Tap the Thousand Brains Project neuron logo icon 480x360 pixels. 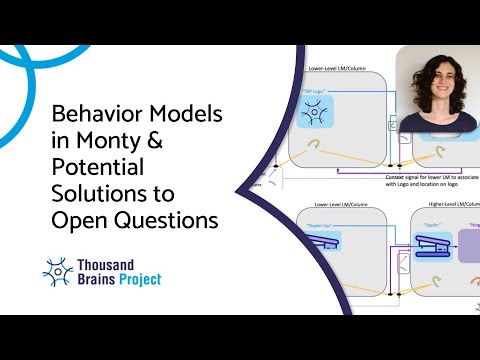tap(59, 271)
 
